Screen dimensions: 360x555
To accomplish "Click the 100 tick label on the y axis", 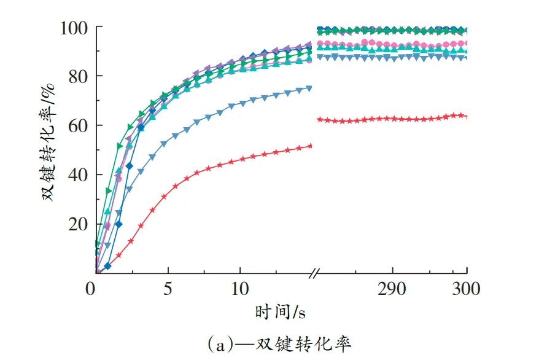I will [x=74, y=28].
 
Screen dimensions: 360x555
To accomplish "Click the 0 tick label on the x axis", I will [x=90, y=288].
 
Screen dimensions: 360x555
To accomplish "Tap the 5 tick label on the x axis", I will [x=167, y=288].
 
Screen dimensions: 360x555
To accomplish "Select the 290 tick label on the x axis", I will [x=391, y=288].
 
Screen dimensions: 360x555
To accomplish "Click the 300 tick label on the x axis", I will [x=465, y=288].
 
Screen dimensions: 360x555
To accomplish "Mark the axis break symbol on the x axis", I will [x=315, y=272].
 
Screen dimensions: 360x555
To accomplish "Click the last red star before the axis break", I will [x=309, y=146].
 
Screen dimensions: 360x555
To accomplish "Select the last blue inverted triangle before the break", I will [x=309, y=88].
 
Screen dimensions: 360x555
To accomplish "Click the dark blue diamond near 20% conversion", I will [x=118, y=224].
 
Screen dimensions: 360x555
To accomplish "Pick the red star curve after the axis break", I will [x=393, y=119].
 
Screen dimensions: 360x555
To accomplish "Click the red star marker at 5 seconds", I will [x=164, y=197].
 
